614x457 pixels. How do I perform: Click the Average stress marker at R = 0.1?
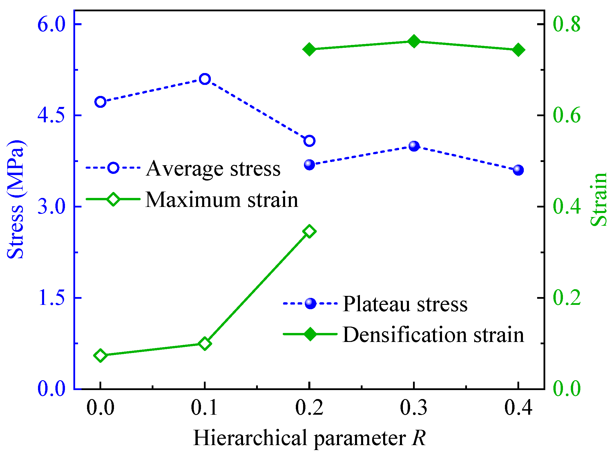[x=205, y=79]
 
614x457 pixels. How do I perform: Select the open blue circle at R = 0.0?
[x=100, y=102]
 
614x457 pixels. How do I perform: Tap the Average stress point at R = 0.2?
[x=309, y=141]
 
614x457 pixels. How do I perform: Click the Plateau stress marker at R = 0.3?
[x=414, y=146]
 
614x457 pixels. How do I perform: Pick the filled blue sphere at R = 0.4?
[x=518, y=170]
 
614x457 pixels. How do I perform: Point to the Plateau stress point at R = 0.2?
[x=309, y=165]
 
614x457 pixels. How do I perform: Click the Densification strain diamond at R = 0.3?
[x=414, y=41]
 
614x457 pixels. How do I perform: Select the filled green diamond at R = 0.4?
[x=518, y=50]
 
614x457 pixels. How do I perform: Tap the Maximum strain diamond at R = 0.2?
[x=309, y=231]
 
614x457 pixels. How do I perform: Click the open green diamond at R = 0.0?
[x=100, y=355]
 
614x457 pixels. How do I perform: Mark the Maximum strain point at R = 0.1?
[x=205, y=344]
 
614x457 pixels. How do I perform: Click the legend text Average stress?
[x=213, y=169]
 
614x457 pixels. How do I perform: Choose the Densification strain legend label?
[x=433, y=335]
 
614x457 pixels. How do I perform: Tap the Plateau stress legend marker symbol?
[x=310, y=303]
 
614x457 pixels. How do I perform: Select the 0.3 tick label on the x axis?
[x=414, y=408]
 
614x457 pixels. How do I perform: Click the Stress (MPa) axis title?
[x=16, y=199]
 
